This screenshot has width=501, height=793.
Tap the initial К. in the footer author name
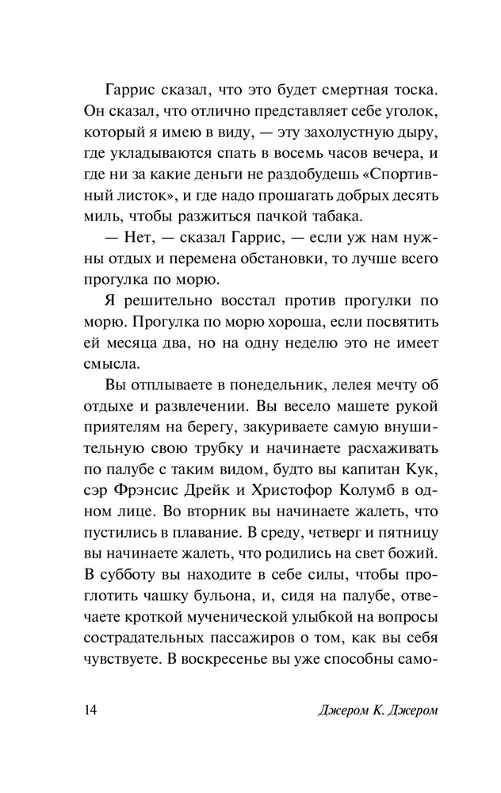point(358,707)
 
